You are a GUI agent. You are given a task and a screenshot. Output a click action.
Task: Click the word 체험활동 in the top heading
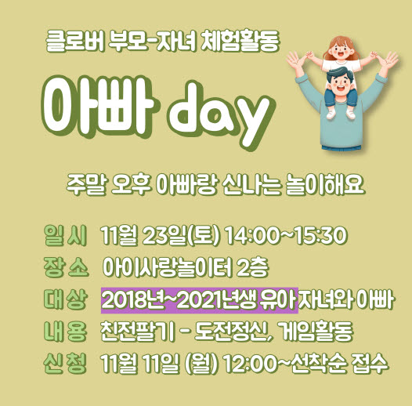pos(240,42)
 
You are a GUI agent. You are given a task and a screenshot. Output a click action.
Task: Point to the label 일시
pos(65,235)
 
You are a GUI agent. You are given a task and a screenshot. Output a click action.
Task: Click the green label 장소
pos(66,267)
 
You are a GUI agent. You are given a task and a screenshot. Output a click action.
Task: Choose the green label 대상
pos(65,299)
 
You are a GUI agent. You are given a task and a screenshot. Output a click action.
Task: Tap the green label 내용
pos(65,332)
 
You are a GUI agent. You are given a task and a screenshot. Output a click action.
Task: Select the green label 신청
pos(65,364)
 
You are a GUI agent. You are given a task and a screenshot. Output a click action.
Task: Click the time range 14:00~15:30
pos(286,235)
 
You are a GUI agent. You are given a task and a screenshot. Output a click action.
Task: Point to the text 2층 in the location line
pos(252,267)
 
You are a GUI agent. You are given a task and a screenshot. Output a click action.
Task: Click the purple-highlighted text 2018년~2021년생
pos(179,300)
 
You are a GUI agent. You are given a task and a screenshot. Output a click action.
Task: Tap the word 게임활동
pos(315,332)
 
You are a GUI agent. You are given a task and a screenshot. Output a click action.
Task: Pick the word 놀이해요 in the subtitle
pos(325,185)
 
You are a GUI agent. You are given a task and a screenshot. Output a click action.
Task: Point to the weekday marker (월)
pos(202,364)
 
